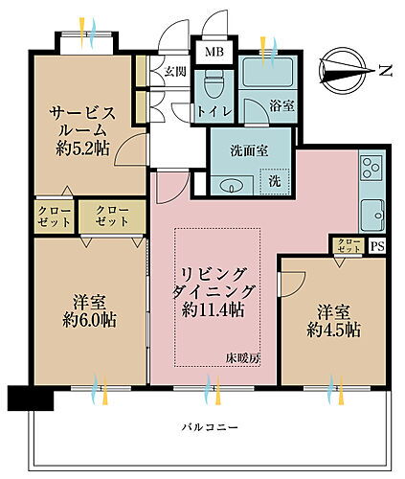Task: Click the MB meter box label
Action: [209, 50]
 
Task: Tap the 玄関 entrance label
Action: [174, 70]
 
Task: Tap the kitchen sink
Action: [370, 212]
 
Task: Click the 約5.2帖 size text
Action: [79, 149]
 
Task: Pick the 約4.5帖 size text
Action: [333, 331]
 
